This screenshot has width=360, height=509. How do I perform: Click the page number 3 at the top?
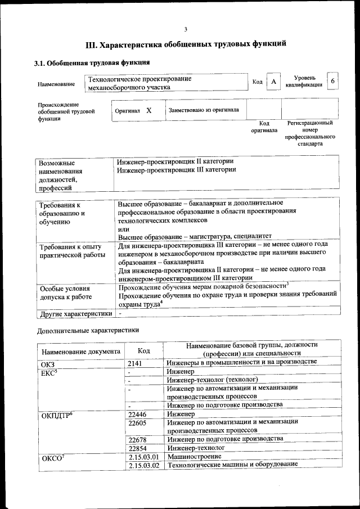coord(185,30)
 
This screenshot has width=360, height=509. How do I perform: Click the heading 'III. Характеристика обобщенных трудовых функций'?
coord(186,44)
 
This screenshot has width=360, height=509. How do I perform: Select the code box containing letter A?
coord(273,82)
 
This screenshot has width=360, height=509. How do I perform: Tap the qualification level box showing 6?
coord(333,82)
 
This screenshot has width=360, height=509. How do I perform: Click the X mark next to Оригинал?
coord(149,111)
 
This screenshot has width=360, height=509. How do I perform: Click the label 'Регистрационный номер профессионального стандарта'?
coord(309,133)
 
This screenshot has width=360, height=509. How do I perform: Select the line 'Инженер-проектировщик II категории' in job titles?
coord(175,161)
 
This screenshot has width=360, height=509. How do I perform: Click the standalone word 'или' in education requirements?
coord(123,229)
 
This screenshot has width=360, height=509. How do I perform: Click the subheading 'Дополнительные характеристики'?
coord(88,330)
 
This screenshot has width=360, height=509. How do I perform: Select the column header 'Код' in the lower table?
coord(143,351)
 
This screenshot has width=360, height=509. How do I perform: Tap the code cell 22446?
coord(138,415)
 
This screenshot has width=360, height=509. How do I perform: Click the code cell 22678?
coord(138,439)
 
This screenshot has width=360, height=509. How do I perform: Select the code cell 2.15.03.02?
coord(144,465)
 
